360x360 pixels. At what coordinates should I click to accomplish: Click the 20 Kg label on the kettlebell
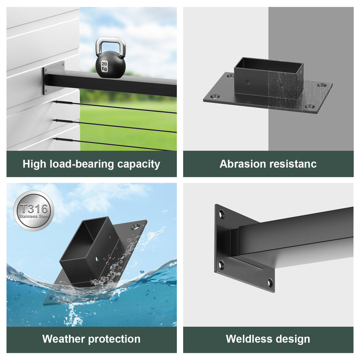click(104, 66)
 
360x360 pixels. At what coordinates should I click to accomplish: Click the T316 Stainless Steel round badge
click(33, 211)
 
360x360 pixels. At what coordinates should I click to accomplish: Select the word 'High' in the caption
click(34, 164)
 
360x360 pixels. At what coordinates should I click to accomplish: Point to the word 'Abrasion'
click(242, 164)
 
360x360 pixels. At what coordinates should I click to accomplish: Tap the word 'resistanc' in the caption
click(293, 164)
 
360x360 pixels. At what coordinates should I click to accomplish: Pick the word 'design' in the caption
click(293, 339)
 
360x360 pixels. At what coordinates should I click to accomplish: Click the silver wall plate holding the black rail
click(53, 78)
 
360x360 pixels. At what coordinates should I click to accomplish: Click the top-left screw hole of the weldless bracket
click(222, 214)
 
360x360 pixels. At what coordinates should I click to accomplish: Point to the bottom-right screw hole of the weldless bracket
click(270, 283)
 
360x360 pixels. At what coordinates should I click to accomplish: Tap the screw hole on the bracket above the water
click(135, 227)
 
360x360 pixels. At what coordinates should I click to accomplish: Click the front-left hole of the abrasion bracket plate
click(215, 97)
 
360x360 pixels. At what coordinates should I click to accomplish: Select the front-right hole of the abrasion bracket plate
click(310, 106)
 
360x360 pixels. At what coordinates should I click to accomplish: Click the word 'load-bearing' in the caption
click(82, 165)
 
